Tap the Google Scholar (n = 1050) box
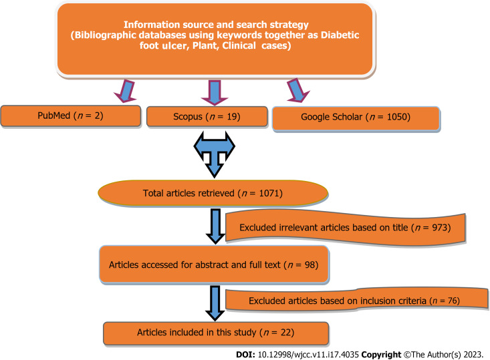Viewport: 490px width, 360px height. (356, 117)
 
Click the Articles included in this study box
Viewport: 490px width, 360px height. (215, 331)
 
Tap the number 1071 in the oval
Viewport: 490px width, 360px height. (271, 194)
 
